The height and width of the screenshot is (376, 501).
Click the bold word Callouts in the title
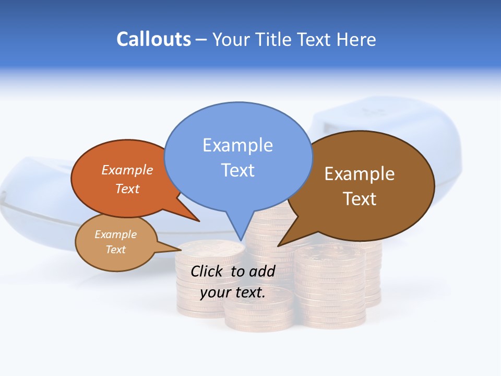[153, 39]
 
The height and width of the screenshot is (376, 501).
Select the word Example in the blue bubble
[237, 145]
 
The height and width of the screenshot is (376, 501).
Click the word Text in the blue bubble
[237, 170]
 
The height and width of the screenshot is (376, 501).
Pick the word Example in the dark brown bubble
[360, 174]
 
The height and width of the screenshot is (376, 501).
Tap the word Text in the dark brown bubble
[360, 198]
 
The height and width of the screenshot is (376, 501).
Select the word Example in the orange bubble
[127, 170]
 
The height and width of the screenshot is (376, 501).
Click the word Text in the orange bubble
[127, 189]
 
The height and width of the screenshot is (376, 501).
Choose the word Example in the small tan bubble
[115, 234]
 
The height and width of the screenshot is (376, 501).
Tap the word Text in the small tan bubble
[115, 250]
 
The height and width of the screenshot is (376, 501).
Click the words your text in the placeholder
[233, 292]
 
